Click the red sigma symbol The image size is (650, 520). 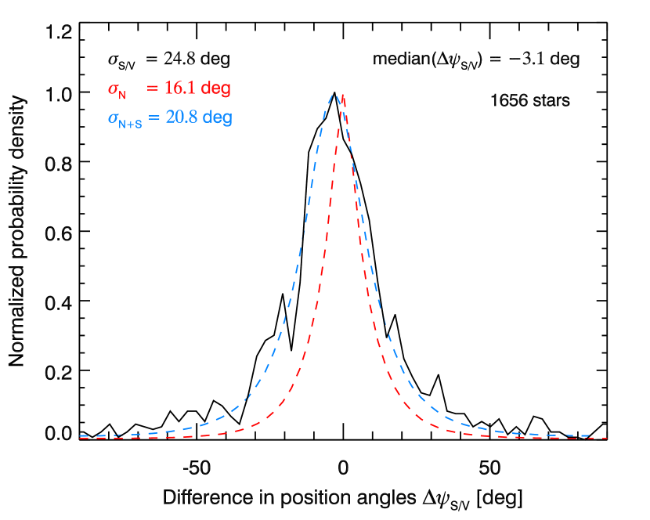click(112, 88)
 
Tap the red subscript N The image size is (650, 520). click(121, 95)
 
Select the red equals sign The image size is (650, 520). click(152, 88)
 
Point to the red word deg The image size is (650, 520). click(216, 89)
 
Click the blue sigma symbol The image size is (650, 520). click(112, 118)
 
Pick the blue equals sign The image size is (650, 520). click(153, 118)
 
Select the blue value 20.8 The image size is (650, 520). click(181, 118)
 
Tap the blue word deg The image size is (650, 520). click(218, 119)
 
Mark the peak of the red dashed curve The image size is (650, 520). click(342, 96)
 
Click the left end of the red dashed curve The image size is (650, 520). click(80, 439)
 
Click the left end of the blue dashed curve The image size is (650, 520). click(80, 435)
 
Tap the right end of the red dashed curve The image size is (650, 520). click(608, 439)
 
